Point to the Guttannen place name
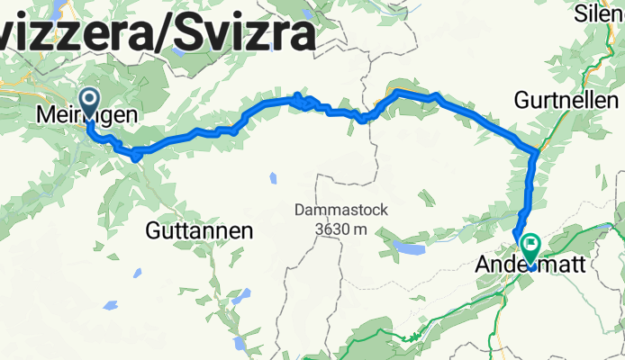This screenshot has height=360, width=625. coord(198,231)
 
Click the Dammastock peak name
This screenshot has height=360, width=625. coord(341,211)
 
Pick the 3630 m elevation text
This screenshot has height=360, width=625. coord(341,229)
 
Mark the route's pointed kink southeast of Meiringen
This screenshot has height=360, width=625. coord(136,157)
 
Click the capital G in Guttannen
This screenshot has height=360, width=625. coord(154,231)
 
